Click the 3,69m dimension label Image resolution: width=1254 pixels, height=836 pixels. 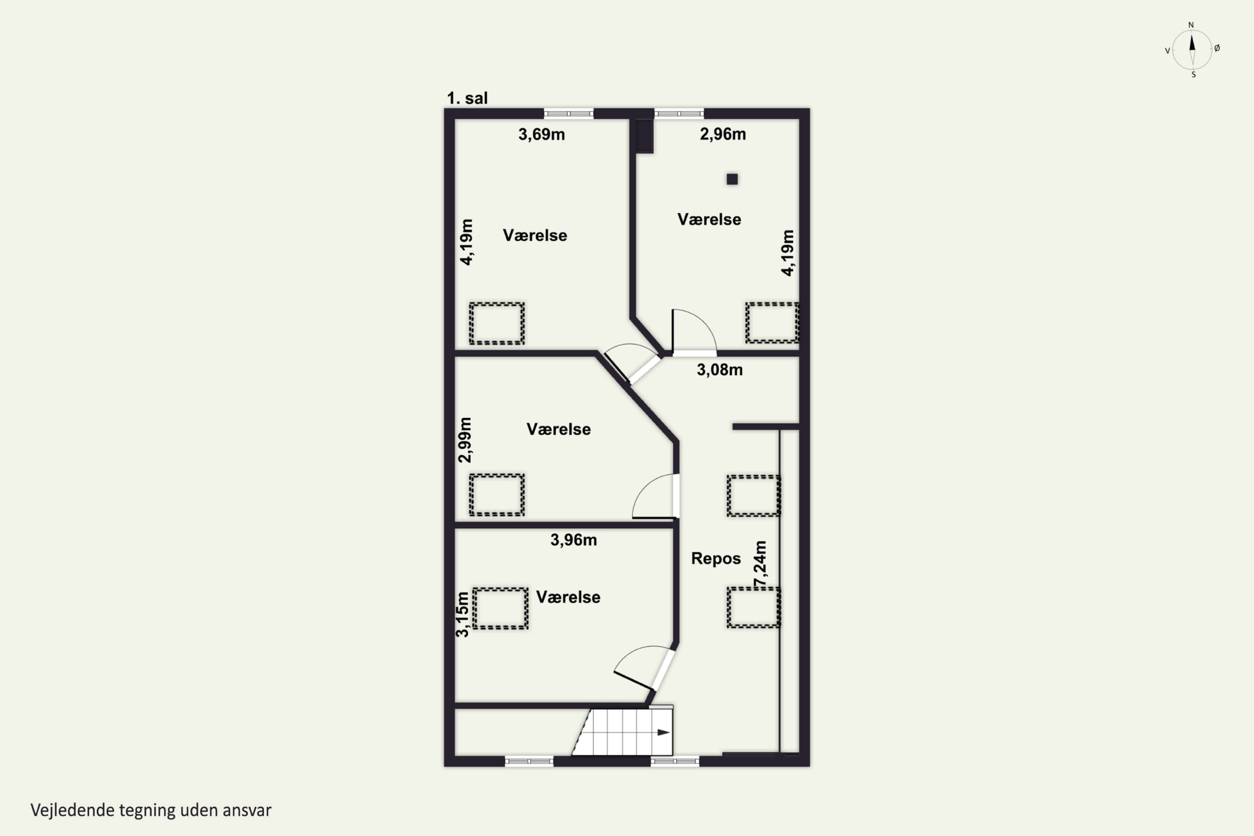[x=541, y=134]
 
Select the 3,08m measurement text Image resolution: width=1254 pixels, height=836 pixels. [x=719, y=370]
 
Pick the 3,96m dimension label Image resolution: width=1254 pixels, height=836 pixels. [x=573, y=540]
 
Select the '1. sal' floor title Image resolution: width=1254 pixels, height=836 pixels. [x=467, y=98]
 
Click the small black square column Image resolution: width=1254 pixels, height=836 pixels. [x=732, y=179]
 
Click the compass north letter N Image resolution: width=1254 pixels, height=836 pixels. [x=1191, y=25]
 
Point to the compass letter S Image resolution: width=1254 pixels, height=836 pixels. [x=1193, y=75]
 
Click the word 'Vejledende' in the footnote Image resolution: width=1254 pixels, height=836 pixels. [x=72, y=811]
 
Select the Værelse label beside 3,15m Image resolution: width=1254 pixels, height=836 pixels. [x=568, y=597]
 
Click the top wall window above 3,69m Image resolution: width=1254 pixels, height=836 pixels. [x=568, y=114]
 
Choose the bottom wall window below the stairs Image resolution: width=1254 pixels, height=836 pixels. [x=675, y=761]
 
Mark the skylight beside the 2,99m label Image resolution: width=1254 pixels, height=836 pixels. [x=497, y=495]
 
